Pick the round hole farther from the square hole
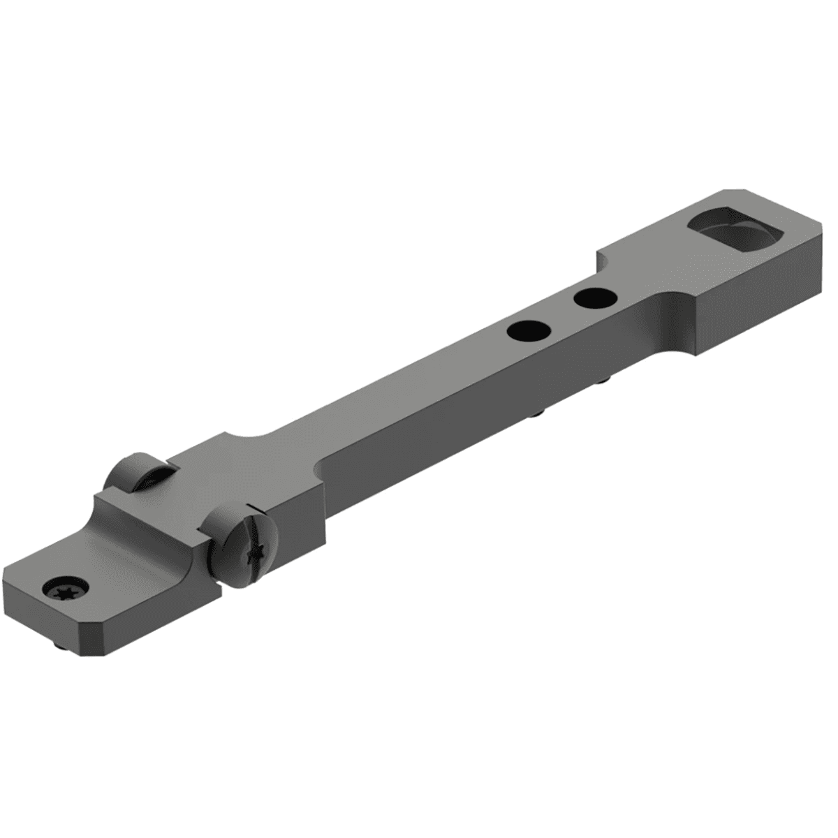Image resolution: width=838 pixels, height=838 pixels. [x=528, y=330]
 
